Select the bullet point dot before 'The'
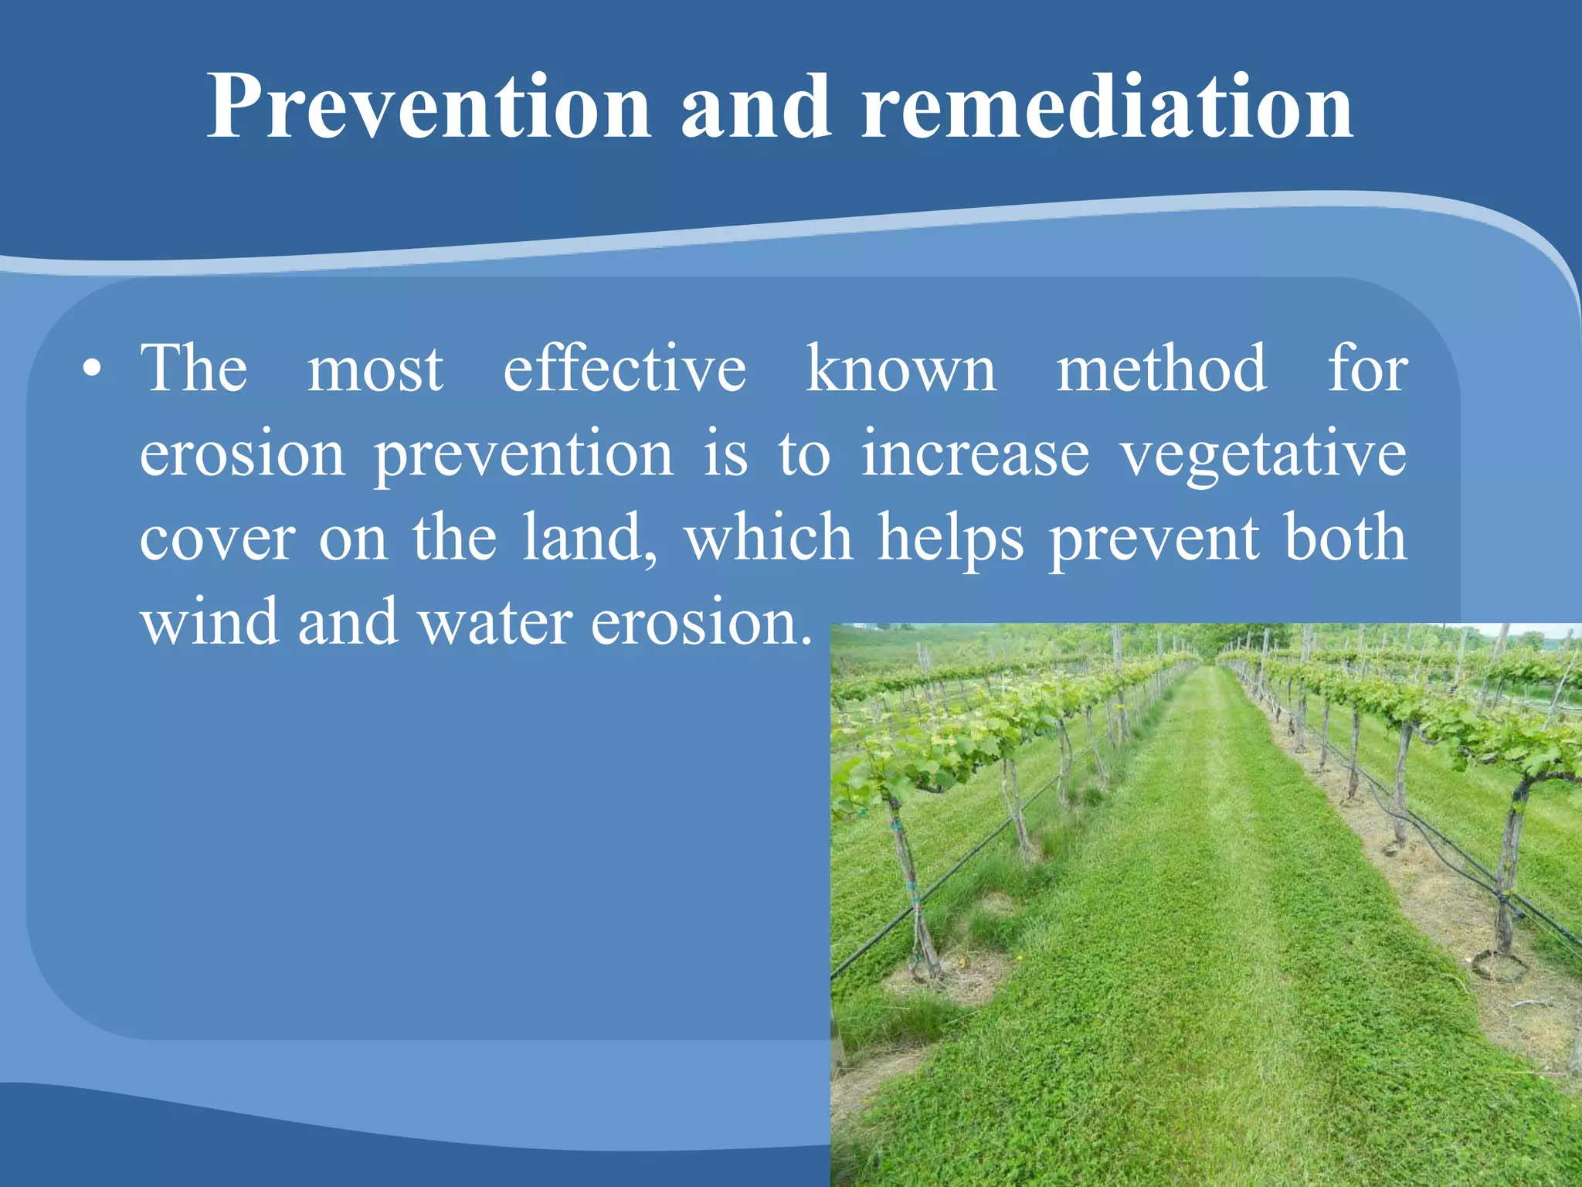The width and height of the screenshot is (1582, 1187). pyautogui.click(x=92, y=369)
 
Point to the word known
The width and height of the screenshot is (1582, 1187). pyautogui.click(x=901, y=369)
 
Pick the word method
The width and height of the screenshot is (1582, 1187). pyautogui.click(x=1161, y=369)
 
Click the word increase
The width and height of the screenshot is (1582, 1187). pyautogui.click(x=975, y=454)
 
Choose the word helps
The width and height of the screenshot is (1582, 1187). pyautogui.click(x=951, y=539)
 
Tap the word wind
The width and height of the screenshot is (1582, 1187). pyautogui.click(x=209, y=621)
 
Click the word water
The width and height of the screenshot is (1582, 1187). pyautogui.click(x=495, y=623)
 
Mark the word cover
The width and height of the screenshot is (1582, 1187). pyautogui.click(x=217, y=539)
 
